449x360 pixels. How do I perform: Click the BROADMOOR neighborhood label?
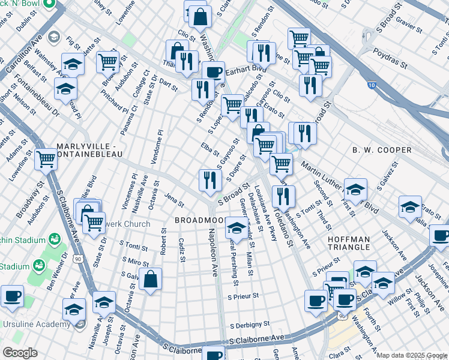198,220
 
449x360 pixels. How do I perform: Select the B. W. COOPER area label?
382,150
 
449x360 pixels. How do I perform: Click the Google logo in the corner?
20,353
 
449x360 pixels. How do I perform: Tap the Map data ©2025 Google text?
411,355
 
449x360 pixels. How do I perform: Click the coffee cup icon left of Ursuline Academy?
12,295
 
